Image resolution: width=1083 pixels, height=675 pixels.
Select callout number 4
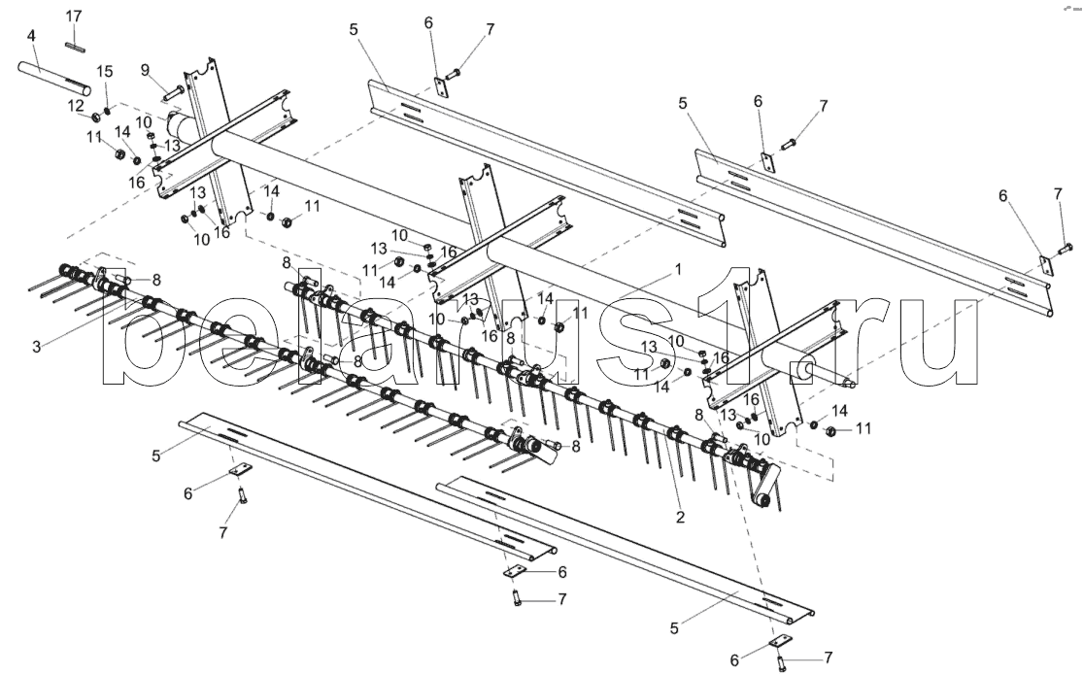tap(32, 36)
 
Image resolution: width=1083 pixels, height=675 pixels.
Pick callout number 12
tap(75, 104)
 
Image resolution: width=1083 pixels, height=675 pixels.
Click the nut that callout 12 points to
tap(97, 118)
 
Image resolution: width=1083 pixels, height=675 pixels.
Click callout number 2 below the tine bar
tap(680, 517)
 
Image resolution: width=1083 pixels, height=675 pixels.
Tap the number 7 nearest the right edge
tap(1057, 195)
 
